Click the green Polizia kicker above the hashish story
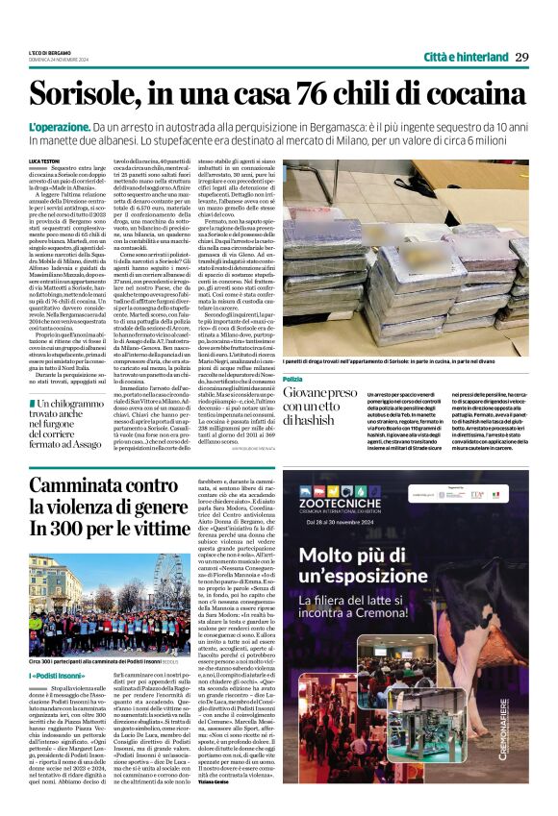click(x=292, y=354)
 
